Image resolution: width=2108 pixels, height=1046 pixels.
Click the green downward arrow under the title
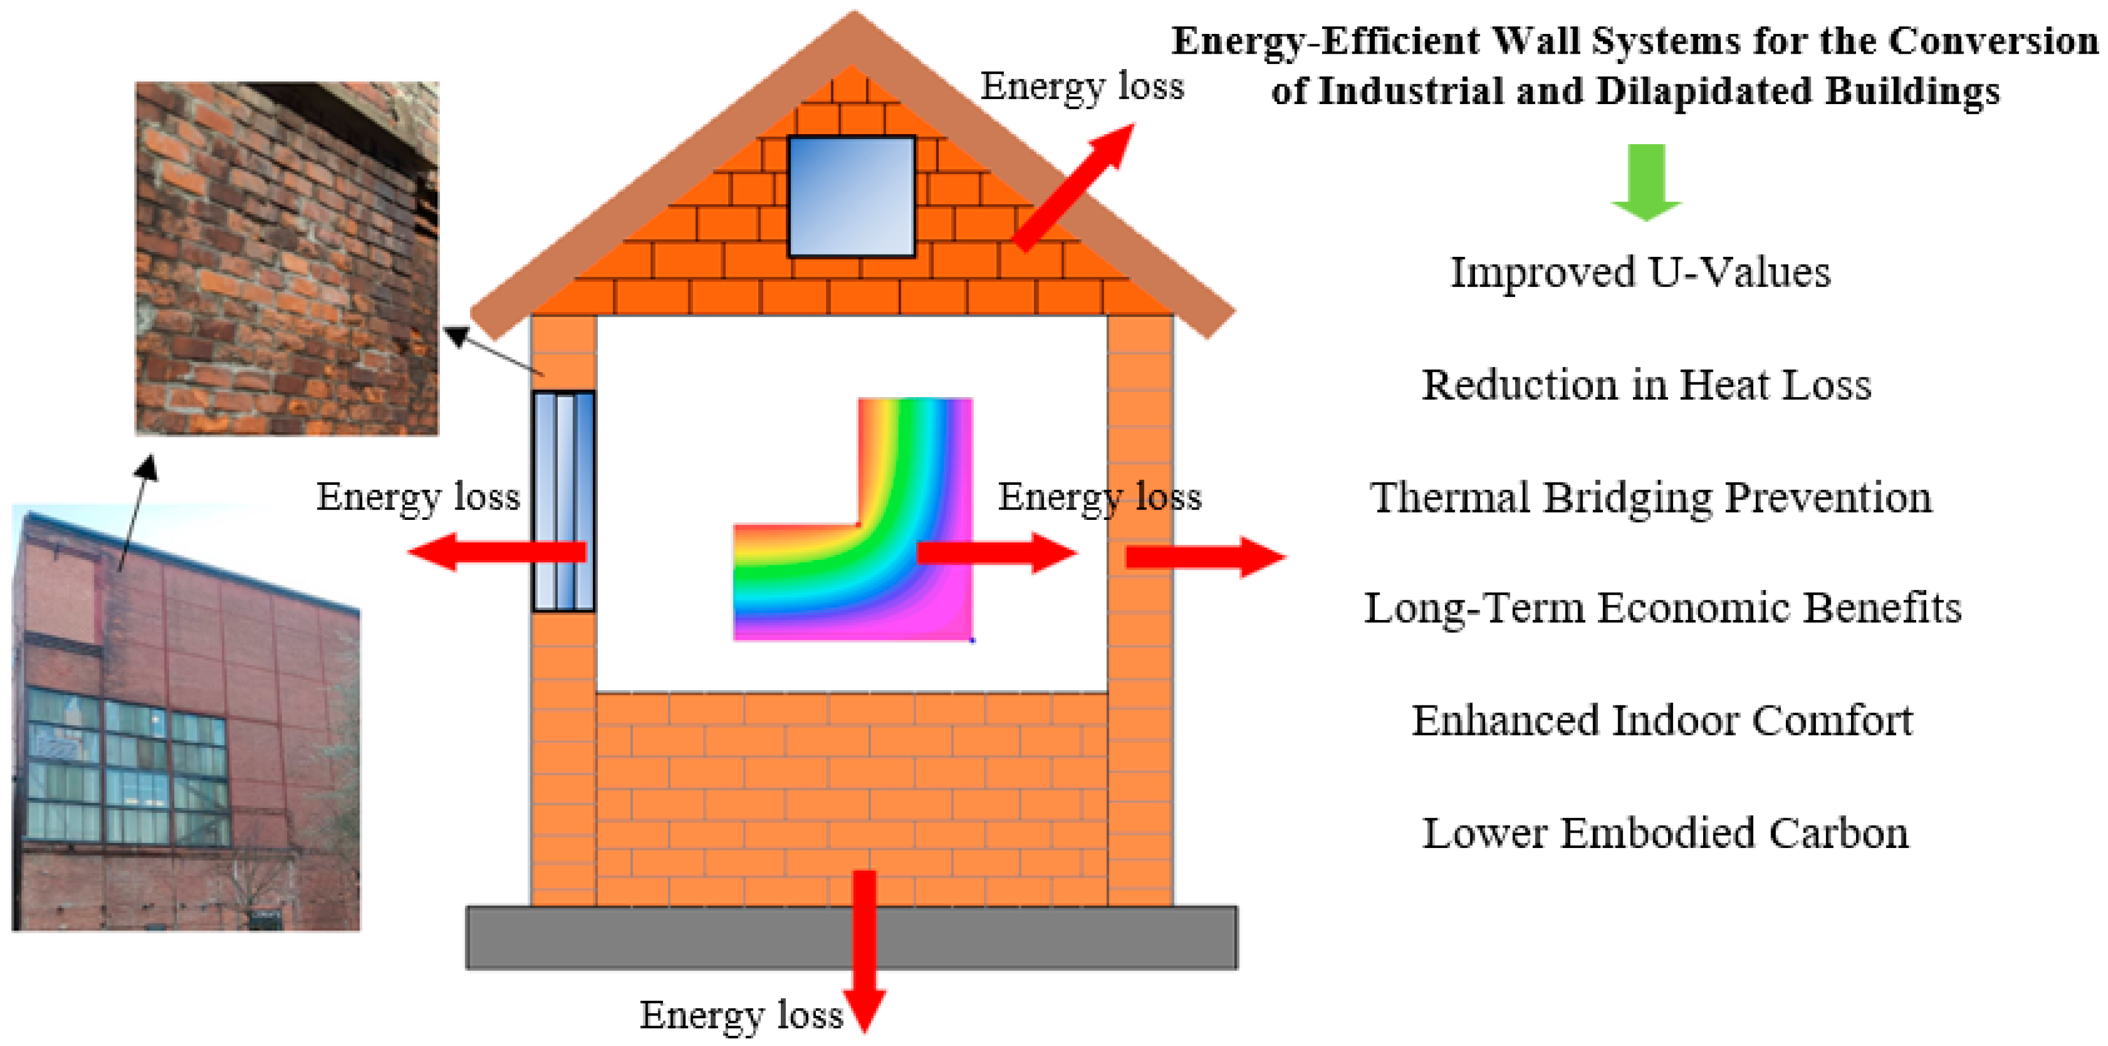[1647, 182]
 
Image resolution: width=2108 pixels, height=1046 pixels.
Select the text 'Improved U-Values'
[1640, 272]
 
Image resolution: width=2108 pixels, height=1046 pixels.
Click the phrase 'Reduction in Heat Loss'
[1645, 384]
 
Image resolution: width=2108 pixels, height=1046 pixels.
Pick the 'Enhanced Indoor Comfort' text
[1662, 721]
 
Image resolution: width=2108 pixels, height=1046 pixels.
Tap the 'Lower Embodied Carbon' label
[1665, 833]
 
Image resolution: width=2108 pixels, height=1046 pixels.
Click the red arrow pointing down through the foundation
[864, 951]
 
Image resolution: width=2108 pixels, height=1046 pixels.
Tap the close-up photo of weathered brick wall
[287, 259]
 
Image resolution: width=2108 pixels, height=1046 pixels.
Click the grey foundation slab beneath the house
[852, 937]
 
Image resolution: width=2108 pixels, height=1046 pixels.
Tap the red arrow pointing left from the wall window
[497, 552]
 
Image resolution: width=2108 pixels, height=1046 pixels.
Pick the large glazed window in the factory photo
[127, 767]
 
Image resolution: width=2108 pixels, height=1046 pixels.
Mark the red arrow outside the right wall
[1206, 557]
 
